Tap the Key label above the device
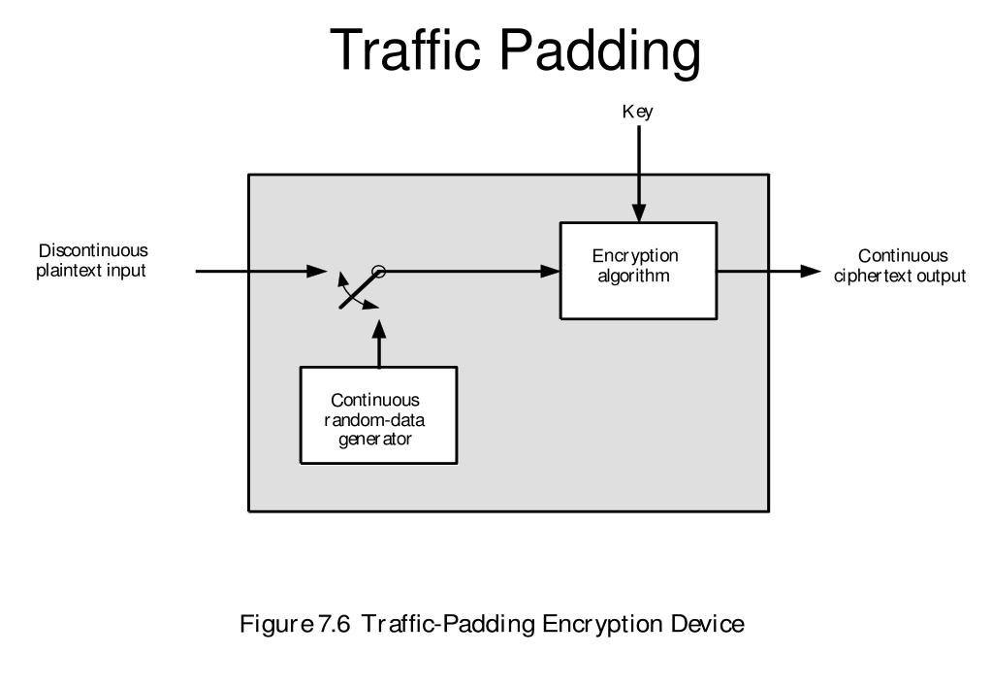coord(637,112)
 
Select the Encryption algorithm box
coord(638,270)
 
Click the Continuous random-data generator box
coord(378,415)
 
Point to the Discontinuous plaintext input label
coord(93,261)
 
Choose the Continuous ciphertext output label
coord(901,266)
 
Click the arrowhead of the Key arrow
coord(638,213)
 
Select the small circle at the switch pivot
coord(379,272)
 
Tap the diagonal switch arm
coord(359,290)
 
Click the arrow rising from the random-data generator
coord(378,344)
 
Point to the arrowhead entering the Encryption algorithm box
coord(550,272)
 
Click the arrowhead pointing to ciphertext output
coord(811,272)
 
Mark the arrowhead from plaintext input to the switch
coord(316,272)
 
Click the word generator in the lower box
coord(375,439)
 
